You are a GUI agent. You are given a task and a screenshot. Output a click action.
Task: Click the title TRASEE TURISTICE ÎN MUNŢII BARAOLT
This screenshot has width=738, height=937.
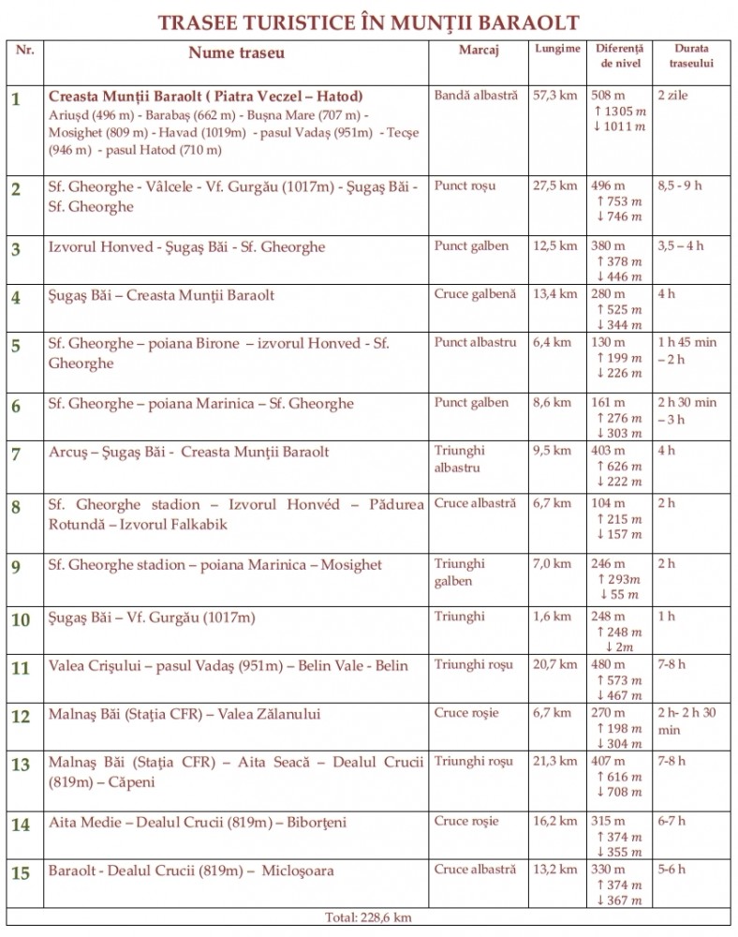click(369, 22)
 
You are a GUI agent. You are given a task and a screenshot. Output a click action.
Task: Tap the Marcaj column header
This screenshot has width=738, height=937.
click(478, 49)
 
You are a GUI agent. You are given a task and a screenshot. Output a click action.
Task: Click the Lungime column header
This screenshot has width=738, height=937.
click(557, 49)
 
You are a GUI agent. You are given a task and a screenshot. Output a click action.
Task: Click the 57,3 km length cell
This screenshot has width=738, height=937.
click(554, 97)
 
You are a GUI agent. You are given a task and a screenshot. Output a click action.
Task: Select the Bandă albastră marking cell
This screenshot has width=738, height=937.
click(475, 97)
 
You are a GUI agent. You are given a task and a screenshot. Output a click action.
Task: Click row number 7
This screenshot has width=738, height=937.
click(16, 454)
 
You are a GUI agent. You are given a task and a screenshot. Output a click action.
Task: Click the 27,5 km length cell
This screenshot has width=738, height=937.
click(554, 186)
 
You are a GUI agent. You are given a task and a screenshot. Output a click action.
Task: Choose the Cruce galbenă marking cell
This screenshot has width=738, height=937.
click(475, 294)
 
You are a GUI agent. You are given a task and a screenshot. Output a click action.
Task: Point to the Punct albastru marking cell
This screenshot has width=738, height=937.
click(475, 343)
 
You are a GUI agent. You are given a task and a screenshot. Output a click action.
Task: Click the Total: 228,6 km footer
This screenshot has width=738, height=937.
click(368, 917)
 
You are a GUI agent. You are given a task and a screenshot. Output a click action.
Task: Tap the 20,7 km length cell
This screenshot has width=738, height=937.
click(554, 665)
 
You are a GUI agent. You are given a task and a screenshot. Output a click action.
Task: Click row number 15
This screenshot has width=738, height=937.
click(21, 873)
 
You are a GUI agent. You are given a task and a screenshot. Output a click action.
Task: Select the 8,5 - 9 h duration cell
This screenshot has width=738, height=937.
click(680, 186)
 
